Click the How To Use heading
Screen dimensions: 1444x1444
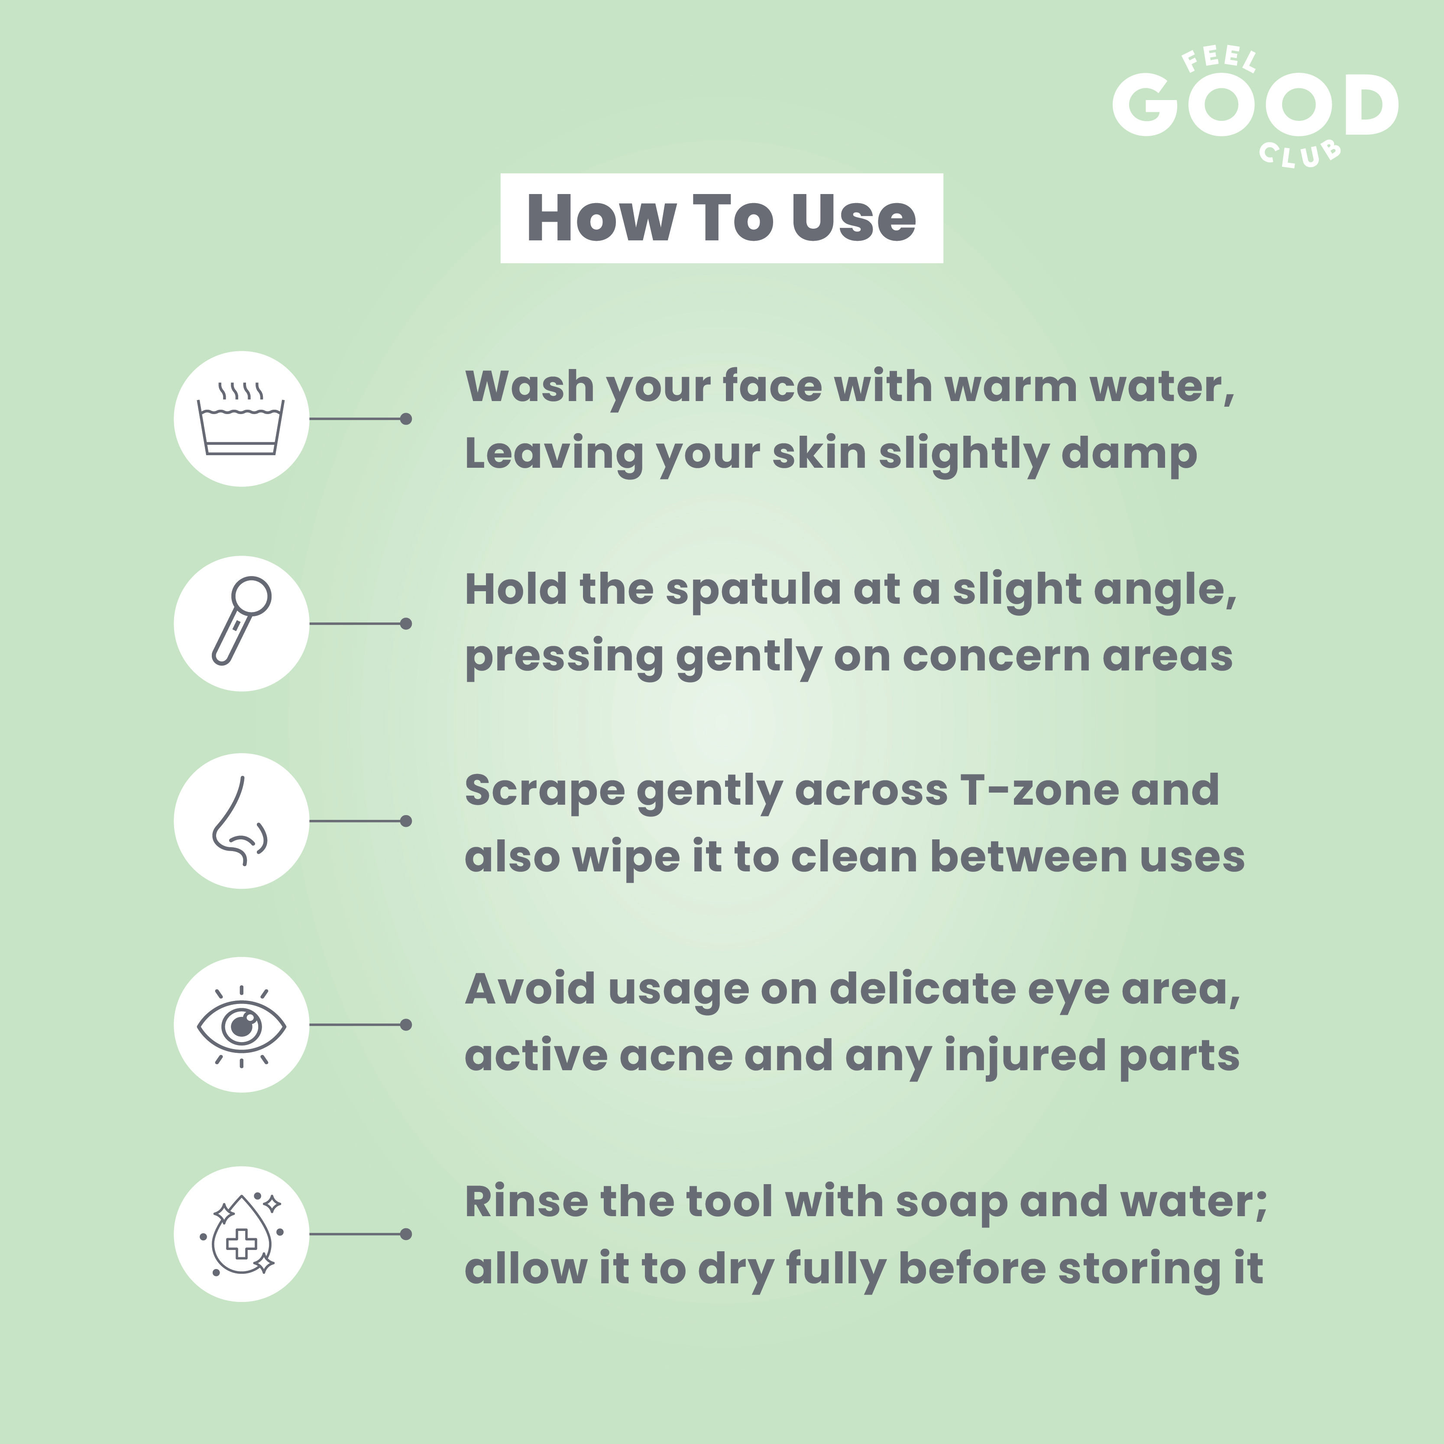pos(721,218)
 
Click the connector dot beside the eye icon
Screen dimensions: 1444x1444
pos(406,1025)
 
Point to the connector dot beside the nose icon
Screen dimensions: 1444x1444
pos(406,821)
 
